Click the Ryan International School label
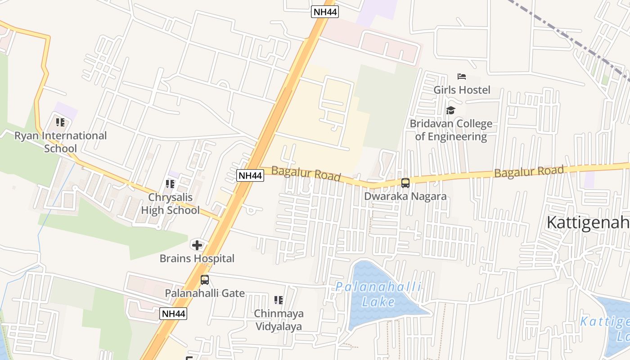coord(61,142)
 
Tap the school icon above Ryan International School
coord(60,122)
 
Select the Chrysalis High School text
coord(171,204)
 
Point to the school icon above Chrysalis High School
coord(170,184)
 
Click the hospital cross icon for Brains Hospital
coord(197,245)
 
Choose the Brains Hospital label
coord(197,259)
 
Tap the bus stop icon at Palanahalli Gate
coord(205,280)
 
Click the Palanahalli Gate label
coord(205,293)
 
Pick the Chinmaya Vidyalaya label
coord(279,320)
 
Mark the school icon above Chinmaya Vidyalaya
coord(279,300)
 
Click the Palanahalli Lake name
coord(378,294)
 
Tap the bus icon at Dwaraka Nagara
coord(405,183)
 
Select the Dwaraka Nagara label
coord(405,196)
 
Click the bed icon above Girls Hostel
coord(462,76)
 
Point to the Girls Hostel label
coord(462,90)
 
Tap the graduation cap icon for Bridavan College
coord(451,110)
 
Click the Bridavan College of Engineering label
coord(451,130)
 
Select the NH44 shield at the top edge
coord(325,12)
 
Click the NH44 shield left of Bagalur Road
coord(250,175)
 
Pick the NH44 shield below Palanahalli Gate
coord(173,314)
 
